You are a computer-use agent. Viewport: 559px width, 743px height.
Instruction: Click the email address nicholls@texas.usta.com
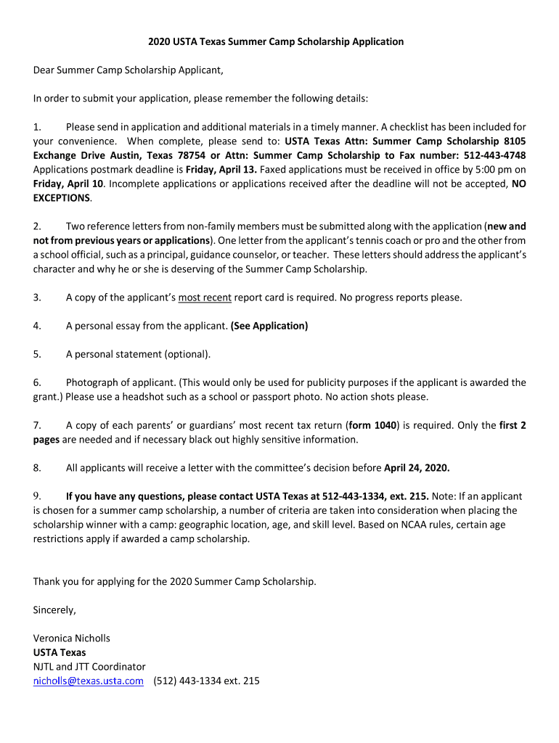click(88, 681)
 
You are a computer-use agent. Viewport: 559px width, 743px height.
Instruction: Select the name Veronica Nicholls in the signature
click(72, 638)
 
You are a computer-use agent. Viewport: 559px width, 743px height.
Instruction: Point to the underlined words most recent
click(205, 297)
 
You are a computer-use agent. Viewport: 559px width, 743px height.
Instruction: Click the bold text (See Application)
click(269, 326)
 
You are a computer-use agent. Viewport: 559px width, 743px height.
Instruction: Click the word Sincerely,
click(54, 609)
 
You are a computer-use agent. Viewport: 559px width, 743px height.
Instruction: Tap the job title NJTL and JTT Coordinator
click(89, 666)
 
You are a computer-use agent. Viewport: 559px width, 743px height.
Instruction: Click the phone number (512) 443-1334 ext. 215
click(207, 681)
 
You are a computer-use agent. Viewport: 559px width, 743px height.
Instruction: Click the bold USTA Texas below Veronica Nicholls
click(60, 652)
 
